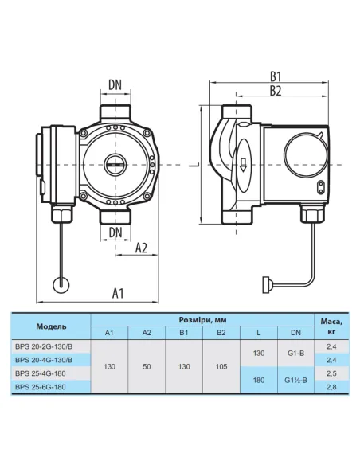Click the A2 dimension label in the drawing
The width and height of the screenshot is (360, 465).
pyautogui.click(x=141, y=248)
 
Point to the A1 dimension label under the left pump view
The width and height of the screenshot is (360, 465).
pyautogui.click(x=116, y=293)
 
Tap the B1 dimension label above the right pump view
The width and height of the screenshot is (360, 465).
pyautogui.click(x=276, y=77)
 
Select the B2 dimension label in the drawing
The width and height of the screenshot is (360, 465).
pyautogui.click(x=276, y=92)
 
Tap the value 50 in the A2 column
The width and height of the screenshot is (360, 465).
pyautogui.click(x=147, y=366)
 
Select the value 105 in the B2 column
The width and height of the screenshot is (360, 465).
pyautogui.click(x=221, y=366)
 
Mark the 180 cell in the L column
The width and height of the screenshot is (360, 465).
pyautogui.click(x=259, y=380)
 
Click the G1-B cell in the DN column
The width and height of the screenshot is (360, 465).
pyautogui.click(x=295, y=353)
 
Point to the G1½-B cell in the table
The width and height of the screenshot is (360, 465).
pyautogui.click(x=295, y=380)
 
